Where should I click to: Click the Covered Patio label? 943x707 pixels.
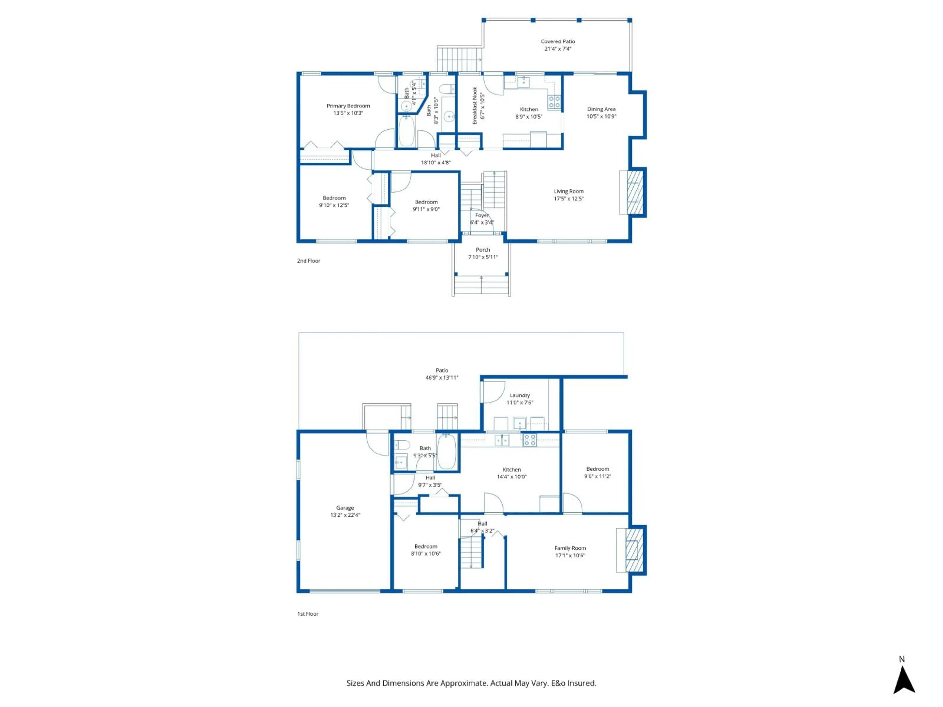click(x=558, y=41)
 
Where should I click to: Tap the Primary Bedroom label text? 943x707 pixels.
click(x=348, y=106)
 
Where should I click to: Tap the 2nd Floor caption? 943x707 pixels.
click(x=308, y=261)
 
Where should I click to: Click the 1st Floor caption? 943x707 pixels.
click(x=307, y=614)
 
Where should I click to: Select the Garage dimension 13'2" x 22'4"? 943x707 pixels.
click(x=345, y=515)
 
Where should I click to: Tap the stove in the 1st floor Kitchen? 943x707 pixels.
click(x=529, y=440)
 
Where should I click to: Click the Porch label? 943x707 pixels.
click(x=483, y=250)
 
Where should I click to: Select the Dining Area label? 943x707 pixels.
click(x=601, y=109)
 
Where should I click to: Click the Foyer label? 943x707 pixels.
click(x=482, y=215)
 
